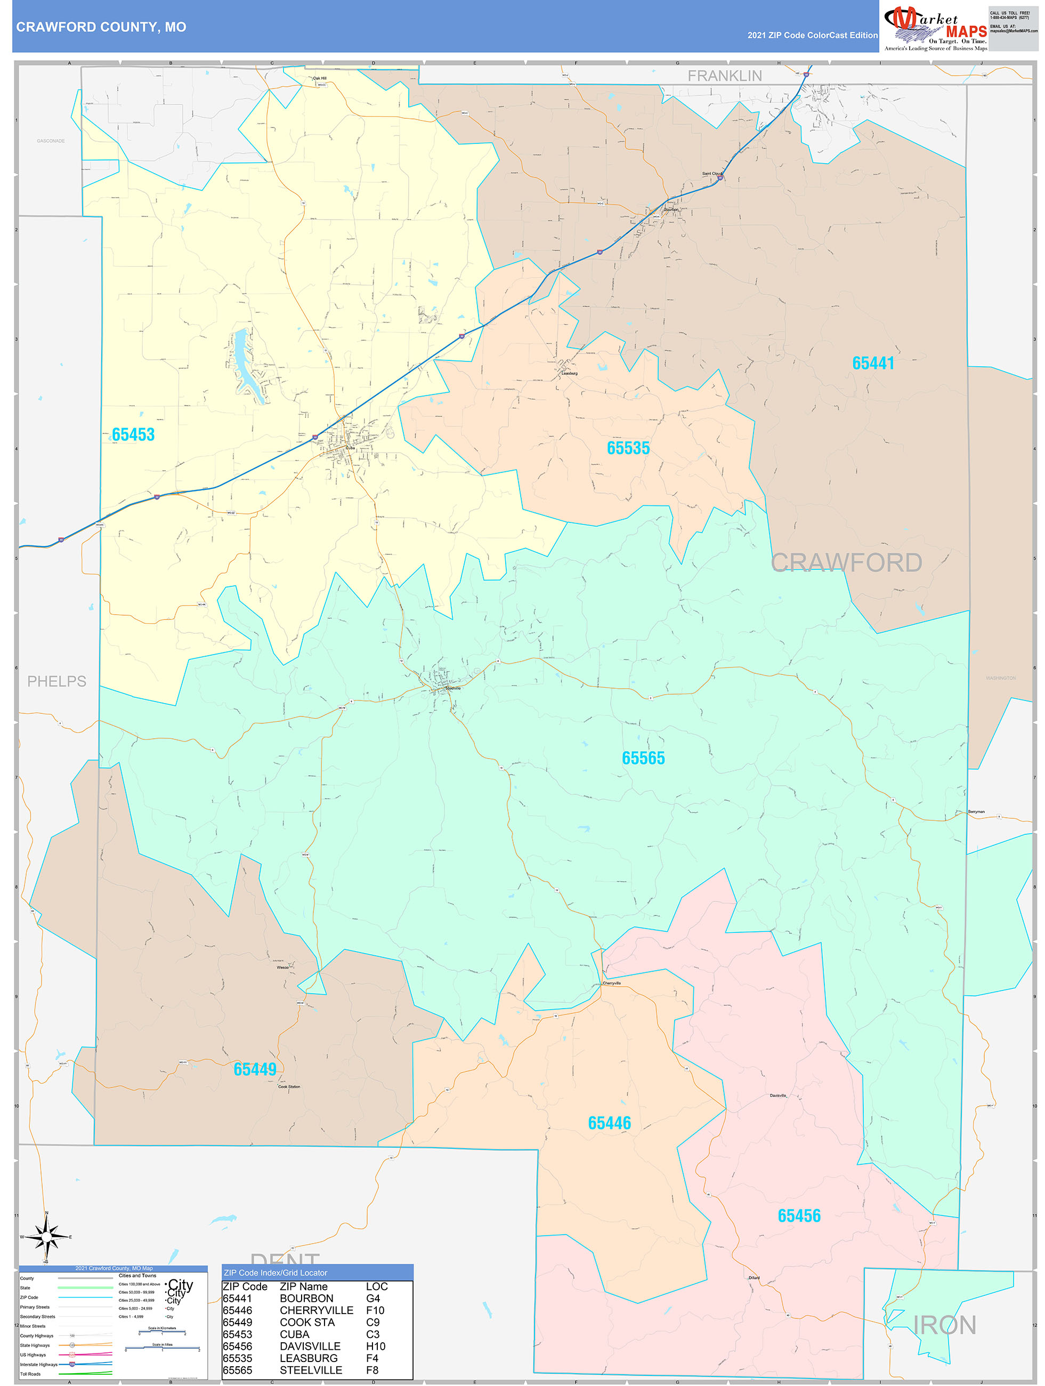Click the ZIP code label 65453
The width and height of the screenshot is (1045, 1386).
(x=133, y=435)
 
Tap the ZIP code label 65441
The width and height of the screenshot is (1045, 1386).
(x=873, y=364)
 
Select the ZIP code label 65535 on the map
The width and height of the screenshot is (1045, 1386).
(x=628, y=448)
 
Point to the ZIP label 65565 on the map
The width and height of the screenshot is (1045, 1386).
(x=643, y=758)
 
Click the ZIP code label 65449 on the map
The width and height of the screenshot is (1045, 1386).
(x=254, y=1069)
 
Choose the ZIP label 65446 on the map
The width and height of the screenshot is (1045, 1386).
(x=609, y=1123)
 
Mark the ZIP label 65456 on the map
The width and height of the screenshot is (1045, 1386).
(x=799, y=1215)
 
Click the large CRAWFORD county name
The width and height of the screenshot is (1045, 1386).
(x=846, y=563)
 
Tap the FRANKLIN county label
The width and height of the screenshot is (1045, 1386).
(x=724, y=76)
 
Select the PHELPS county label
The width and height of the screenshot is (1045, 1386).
(x=56, y=681)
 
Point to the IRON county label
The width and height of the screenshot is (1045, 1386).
(x=944, y=1325)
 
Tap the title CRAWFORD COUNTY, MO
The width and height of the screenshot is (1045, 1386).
(x=101, y=27)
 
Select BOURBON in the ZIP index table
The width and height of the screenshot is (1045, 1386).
(x=306, y=1298)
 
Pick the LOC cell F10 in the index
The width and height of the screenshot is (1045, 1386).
(x=375, y=1310)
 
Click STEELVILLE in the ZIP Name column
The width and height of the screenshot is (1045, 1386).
(x=311, y=1371)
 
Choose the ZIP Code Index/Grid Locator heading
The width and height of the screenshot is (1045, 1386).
(x=275, y=1272)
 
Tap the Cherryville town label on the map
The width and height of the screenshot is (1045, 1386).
(x=611, y=983)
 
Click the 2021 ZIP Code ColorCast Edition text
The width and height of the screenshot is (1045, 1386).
(x=812, y=35)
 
